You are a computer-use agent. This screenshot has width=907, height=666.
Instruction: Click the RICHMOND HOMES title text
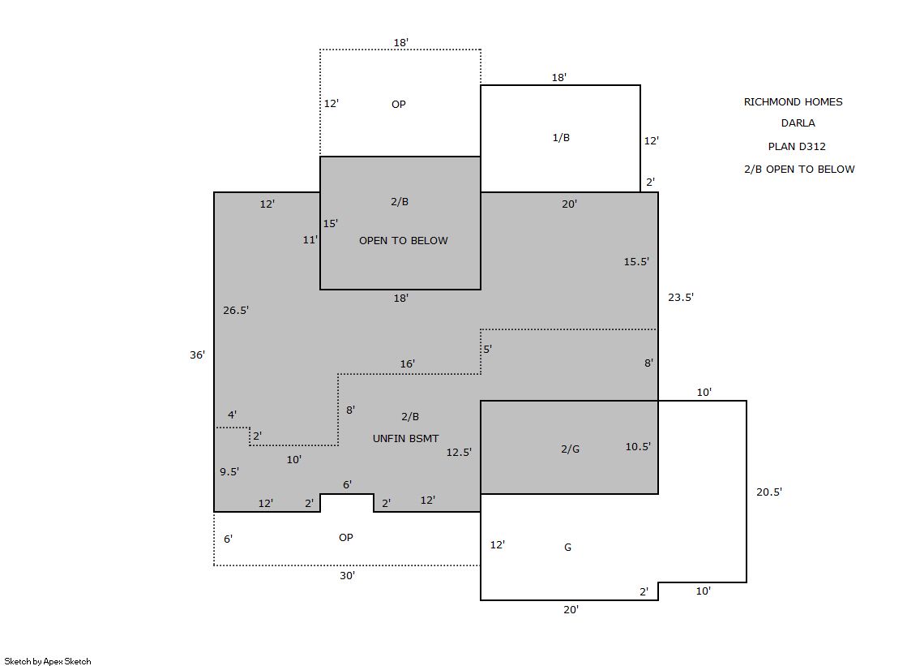(x=793, y=102)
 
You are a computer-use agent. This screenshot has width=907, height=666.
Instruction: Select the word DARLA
(x=798, y=122)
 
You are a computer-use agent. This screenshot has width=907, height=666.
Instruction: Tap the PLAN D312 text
(x=797, y=147)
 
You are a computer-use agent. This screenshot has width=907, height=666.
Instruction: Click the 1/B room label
(x=561, y=137)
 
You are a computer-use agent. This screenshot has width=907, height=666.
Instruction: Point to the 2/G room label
(x=570, y=449)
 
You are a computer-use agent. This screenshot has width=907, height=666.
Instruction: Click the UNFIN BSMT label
(x=405, y=438)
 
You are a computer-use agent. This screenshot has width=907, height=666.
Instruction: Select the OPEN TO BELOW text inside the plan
(x=403, y=240)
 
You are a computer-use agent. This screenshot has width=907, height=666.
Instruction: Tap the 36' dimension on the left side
(x=197, y=354)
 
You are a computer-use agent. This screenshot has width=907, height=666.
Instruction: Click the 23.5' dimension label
(x=681, y=297)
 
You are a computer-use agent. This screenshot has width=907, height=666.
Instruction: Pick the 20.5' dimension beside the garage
(x=769, y=492)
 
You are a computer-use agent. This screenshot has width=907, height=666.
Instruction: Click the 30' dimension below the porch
(x=347, y=575)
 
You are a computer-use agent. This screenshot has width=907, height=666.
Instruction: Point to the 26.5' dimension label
(x=236, y=311)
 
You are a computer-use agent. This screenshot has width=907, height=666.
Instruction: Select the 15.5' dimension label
(x=636, y=262)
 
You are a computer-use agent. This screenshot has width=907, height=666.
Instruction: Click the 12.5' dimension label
(x=459, y=453)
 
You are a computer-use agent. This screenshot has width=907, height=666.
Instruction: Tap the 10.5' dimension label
(x=638, y=446)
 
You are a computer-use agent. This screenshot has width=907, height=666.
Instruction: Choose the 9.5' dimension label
(x=229, y=471)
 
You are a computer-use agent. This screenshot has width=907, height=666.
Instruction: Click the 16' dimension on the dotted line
(x=407, y=363)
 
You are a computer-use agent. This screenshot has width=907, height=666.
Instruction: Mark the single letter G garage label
(x=567, y=547)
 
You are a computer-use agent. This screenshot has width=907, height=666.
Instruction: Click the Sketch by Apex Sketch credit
(x=48, y=661)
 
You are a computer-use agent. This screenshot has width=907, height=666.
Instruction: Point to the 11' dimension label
(x=310, y=240)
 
